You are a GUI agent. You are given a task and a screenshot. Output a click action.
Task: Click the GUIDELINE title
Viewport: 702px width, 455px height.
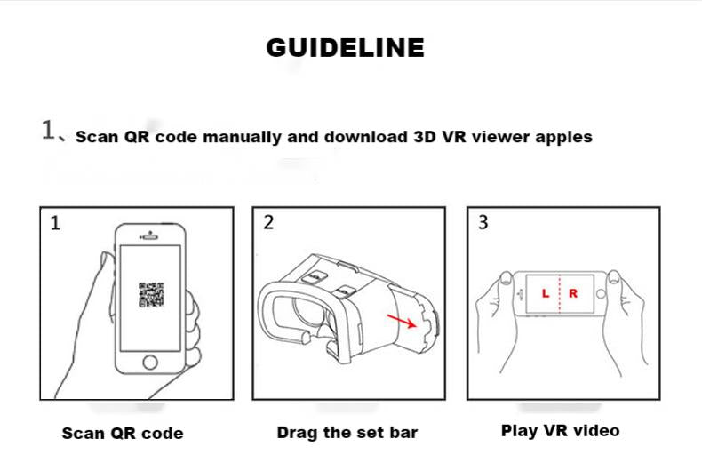(345, 47)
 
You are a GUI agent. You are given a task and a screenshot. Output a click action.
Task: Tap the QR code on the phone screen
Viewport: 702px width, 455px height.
(151, 295)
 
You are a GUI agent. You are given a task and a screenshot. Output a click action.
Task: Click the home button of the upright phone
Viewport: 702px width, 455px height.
(150, 362)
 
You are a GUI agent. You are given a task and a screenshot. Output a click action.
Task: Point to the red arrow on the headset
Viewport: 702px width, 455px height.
(402, 321)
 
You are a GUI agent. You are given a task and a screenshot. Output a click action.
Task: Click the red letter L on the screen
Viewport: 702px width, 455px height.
(546, 294)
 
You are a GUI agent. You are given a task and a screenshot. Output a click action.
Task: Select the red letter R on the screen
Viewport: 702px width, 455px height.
(573, 293)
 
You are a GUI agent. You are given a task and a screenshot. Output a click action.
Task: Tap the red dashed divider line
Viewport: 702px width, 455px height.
(560, 293)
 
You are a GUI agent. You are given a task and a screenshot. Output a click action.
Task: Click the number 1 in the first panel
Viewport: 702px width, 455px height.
(55, 222)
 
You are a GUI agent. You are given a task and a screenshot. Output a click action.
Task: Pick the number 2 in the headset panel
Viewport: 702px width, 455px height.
(268, 222)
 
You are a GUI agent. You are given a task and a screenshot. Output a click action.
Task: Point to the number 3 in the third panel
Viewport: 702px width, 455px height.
(483, 222)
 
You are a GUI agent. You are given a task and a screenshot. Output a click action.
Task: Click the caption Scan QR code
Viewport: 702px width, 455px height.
(123, 433)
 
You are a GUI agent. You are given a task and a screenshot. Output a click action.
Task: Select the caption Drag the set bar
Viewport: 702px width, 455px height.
(347, 432)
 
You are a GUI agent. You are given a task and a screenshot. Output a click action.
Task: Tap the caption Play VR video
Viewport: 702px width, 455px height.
(561, 430)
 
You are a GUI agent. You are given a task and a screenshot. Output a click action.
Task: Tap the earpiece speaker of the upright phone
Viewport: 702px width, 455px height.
(149, 237)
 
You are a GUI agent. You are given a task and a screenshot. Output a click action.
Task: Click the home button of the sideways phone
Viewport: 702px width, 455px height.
(601, 294)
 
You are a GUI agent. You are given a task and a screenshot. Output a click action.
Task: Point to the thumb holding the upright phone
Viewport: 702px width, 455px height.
(106, 277)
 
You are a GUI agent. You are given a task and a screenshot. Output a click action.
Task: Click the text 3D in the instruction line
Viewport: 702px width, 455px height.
(425, 137)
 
